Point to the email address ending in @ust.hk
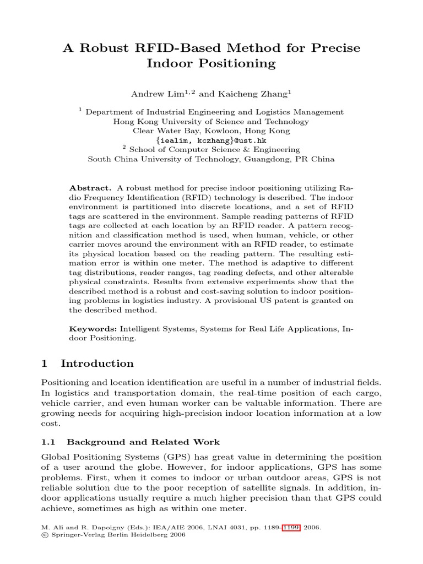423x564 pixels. pyautogui.click(x=211, y=140)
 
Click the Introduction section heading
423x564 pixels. pyautogui.click(x=97, y=364)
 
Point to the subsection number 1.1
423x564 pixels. pyautogui.click(x=50, y=442)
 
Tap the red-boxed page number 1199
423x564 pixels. pyautogui.click(x=291, y=527)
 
